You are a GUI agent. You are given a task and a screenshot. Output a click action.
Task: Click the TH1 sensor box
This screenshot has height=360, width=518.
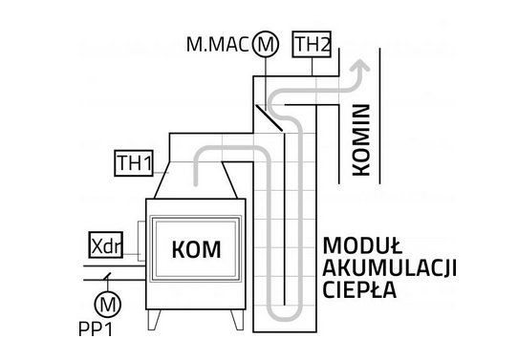[134, 163]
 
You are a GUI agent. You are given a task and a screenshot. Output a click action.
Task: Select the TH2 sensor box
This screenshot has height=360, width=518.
[312, 44]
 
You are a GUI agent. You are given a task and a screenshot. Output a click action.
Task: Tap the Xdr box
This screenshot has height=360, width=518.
[106, 244]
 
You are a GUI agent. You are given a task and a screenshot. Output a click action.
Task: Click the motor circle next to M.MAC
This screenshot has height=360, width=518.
[266, 44]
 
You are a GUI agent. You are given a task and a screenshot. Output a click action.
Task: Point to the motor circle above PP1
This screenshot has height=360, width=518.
[108, 305]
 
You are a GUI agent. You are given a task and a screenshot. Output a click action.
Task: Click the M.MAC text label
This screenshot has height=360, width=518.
[217, 45]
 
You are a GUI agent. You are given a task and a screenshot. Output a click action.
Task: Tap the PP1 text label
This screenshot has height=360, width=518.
[96, 329]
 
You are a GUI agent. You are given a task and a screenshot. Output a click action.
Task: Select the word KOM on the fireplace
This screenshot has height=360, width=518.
[196, 249]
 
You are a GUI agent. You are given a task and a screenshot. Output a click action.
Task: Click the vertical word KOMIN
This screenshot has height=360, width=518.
[361, 140]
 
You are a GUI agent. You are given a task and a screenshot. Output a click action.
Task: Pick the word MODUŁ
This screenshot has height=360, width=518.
[362, 245]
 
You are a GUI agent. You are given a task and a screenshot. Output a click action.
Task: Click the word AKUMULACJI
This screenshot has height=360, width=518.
[390, 267]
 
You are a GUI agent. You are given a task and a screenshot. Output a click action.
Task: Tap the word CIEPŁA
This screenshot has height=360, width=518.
[359, 289]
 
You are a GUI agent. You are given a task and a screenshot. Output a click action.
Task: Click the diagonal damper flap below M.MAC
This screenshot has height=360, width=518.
[270, 117]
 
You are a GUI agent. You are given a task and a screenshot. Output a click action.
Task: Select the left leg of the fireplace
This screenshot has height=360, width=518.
[154, 319]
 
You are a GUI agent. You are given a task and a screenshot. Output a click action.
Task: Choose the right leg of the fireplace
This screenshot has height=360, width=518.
[238, 319]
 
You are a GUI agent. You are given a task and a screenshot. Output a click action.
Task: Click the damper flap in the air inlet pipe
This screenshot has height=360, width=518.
[106, 277]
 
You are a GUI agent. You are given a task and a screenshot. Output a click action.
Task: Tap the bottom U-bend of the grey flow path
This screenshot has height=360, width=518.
[285, 315]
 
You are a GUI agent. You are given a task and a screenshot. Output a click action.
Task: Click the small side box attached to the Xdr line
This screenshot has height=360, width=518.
[141, 241]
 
